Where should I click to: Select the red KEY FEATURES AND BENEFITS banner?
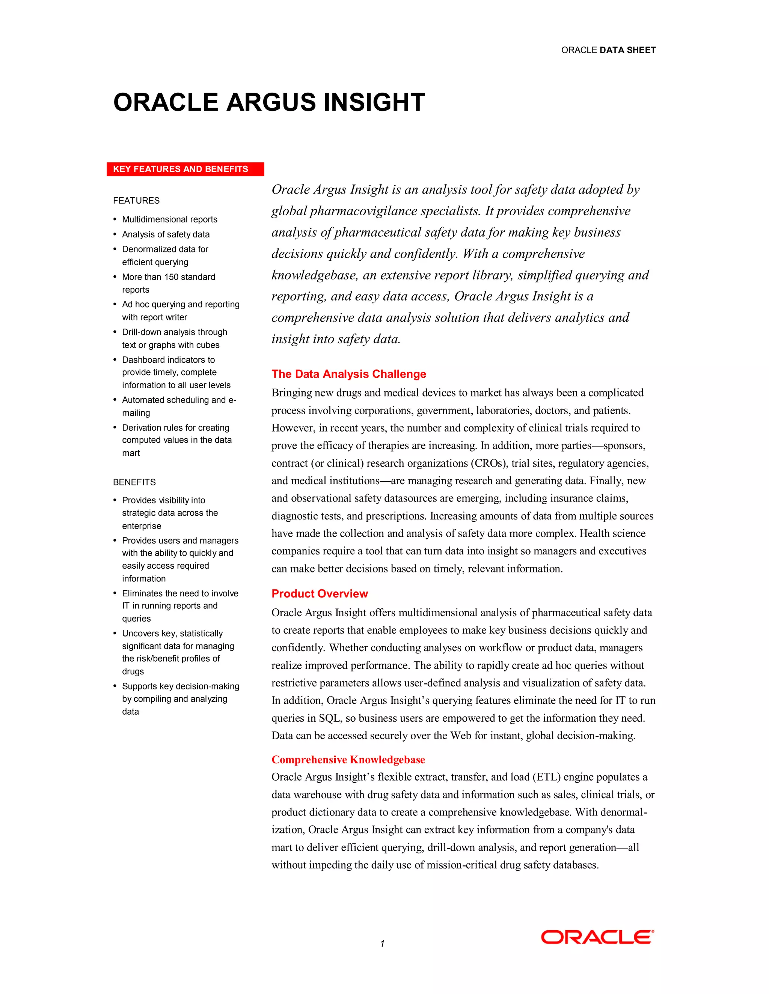point(185,169)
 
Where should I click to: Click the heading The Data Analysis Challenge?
point(348,374)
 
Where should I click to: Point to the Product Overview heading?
point(320,593)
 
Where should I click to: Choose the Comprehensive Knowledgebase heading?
point(348,760)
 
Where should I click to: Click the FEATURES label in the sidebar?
point(136,201)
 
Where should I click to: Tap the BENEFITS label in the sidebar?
point(134,482)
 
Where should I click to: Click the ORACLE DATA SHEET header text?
point(608,50)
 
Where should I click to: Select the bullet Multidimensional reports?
point(169,219)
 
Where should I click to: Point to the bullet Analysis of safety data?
point(166,234)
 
